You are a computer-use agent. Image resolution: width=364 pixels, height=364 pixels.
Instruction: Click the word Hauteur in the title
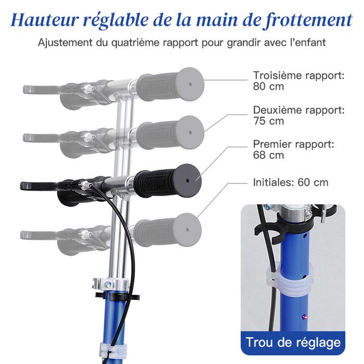click(x=45, y=20)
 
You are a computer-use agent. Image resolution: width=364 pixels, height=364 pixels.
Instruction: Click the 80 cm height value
click(x=268, y=86)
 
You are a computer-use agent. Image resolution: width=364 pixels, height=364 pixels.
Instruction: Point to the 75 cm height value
click(x=268, y=121)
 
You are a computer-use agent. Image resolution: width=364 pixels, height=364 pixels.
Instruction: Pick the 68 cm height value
click(x=268, y=155)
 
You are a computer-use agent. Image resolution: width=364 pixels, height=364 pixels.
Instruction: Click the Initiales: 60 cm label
click(x=291, y=183)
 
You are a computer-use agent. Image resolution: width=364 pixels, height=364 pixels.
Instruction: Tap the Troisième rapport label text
click(x=299, y=75)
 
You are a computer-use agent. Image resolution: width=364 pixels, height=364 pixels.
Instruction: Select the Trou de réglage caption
click(x=293, y=343)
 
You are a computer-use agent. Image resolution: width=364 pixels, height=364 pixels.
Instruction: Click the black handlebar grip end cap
click(x=187, y=180)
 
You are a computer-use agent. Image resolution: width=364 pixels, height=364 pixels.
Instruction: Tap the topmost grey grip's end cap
click(x=190, y=84)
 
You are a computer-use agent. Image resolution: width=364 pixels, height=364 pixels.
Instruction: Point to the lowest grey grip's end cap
click(x=187, y=230)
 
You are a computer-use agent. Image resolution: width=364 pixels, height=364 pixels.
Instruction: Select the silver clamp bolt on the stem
click(x=108, y=284)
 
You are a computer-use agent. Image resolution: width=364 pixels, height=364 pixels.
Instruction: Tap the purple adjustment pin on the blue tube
click(x=304, y=316)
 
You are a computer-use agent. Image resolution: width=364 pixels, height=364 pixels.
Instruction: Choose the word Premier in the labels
click(x=270, y=144)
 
